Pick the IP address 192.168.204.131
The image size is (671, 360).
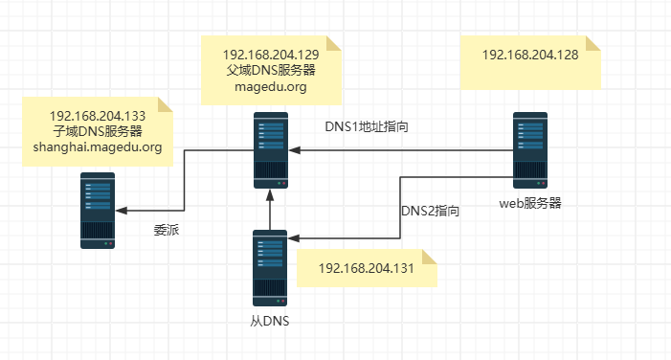coord(366,268)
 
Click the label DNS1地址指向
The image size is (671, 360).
coord(368,126)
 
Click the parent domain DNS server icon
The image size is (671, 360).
coord(271,150)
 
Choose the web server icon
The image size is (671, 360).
coord(530,150)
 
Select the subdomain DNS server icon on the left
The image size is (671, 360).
coord(98,211)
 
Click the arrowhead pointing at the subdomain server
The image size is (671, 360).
coord(123,211)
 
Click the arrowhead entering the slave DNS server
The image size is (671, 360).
coord(296,237)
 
